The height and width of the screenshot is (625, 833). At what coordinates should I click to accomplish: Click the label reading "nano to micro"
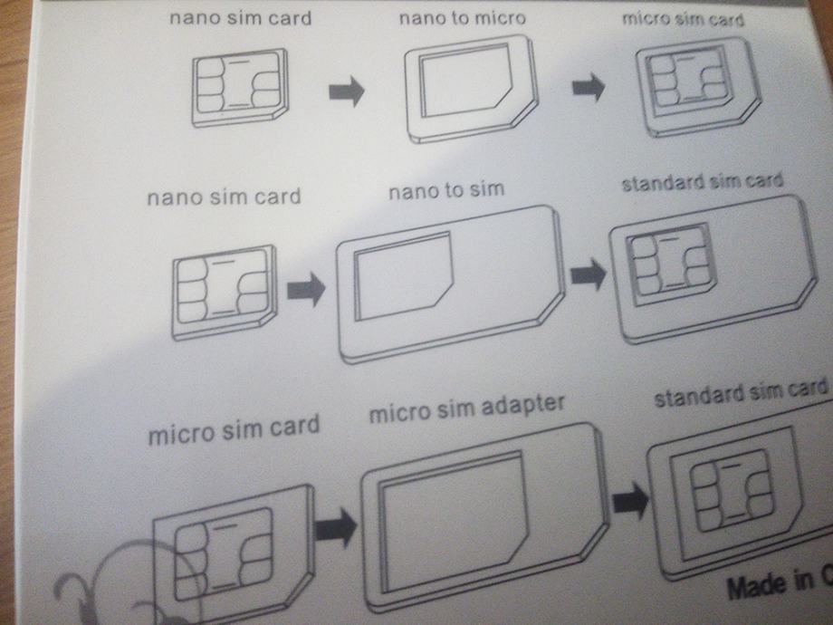[462, 18]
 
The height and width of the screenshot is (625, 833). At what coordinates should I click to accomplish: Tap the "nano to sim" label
[446, 190]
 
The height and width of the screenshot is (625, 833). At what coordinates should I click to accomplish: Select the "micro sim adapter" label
[466, 409]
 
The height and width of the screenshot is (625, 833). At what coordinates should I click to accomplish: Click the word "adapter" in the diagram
[522, 405]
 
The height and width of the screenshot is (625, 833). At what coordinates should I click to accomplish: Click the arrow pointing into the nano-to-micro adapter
[347, 91]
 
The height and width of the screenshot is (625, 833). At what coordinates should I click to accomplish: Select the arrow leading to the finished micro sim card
[589, 87]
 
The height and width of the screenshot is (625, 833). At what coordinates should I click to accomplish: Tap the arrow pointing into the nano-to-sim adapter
[306, 290]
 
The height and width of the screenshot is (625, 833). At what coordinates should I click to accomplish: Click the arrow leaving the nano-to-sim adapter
[589, 274]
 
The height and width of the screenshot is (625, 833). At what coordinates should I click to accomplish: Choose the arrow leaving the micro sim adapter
[630, 500]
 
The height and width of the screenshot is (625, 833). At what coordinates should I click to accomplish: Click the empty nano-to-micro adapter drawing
[471, 88]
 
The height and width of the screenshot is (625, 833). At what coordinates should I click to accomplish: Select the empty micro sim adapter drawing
[484, 517]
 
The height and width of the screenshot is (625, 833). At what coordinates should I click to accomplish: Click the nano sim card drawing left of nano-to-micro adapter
[240, 88]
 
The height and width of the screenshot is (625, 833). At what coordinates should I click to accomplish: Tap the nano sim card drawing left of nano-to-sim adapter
[225, 293]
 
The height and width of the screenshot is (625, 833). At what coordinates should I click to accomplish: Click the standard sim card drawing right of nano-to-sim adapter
[713, 269]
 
